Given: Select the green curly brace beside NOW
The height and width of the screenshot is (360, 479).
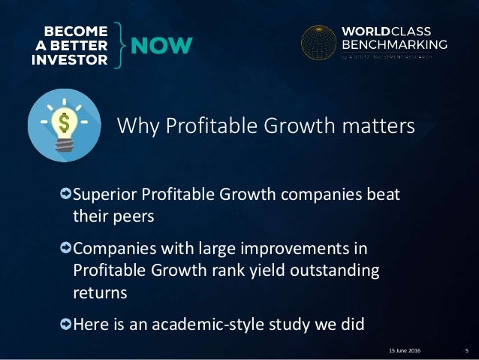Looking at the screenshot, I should point(122,45).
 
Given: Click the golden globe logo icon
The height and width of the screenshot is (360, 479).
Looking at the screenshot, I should point(318,44).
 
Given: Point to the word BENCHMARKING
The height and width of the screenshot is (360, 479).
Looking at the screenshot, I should point(395,44).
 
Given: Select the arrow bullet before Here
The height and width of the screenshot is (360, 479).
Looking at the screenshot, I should point(66,324).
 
